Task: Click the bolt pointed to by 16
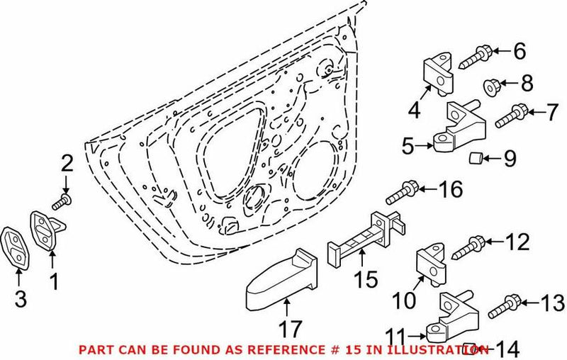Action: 401,191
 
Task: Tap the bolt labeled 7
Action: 510,116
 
